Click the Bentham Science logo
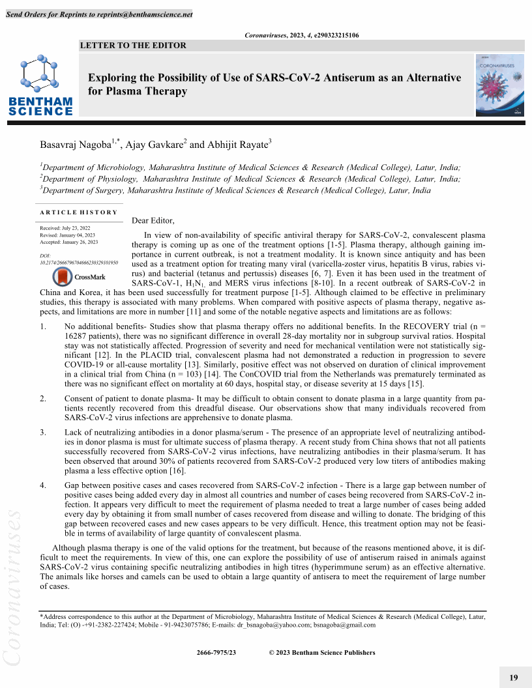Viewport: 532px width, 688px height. tap(40, 85)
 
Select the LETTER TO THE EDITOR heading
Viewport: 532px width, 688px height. tap(133, 46)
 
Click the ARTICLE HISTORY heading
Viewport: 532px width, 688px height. tap(78, 212)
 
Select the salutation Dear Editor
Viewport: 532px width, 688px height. tap(153, 220)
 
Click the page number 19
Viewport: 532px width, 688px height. tap(513, 678)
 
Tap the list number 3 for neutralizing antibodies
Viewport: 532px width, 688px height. tap(42, 431)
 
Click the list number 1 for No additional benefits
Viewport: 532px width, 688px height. tap(42, 325)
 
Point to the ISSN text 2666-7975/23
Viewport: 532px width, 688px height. tap(216, 652)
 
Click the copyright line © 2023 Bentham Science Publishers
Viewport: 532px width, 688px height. tap(322, 652)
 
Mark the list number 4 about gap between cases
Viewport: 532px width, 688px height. tap(42, 485)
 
